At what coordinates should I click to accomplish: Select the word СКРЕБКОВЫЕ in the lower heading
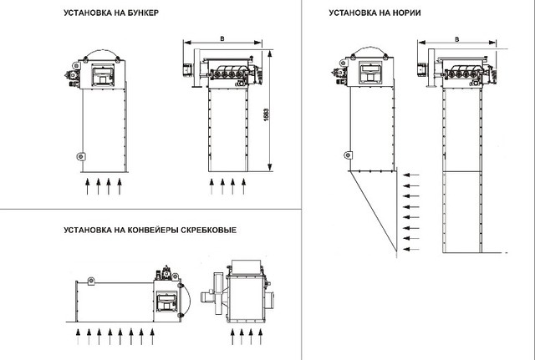tap(210, 231)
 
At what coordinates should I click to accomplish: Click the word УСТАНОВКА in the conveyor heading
tap(87, 231)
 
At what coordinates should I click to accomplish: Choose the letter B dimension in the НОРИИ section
tap(458, 38)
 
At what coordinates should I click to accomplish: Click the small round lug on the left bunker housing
tap(80, 155)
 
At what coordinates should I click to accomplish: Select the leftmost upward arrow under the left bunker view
tap(86, 184)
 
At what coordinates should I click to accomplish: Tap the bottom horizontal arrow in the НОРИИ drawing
tap(410, 248)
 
